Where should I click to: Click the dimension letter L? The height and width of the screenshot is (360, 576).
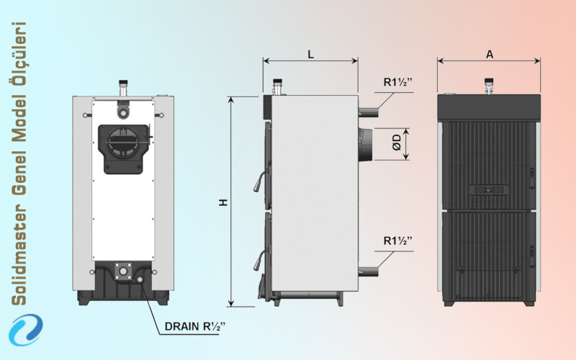tap(310, 54)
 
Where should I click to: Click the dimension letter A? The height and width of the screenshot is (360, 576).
tap(490, 54)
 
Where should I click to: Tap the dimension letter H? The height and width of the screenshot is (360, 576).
tap(224, 203)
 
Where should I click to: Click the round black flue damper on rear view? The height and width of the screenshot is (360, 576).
tap(123, 140)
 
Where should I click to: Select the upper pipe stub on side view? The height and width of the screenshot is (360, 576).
tap(368, 112)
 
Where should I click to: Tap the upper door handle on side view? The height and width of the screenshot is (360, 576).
tap(258, 184)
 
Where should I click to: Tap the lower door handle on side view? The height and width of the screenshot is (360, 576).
tap(257, 260)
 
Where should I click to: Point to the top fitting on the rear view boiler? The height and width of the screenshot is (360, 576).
tap(123, 89)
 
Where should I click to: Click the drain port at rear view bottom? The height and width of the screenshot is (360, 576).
tap(123, 271)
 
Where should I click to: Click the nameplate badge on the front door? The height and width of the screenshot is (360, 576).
tap(490, 190)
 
